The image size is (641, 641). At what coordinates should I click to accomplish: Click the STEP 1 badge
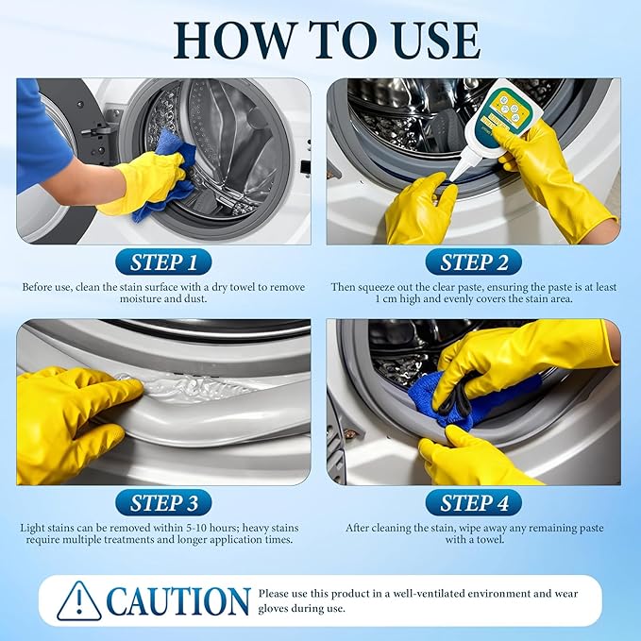[x=164, y=261]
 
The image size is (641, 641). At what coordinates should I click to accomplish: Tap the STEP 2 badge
[x=474, y=261]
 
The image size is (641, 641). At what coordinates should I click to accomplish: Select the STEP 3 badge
[x=164, y=502]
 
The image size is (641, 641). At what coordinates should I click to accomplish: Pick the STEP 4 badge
[x=474, y=502]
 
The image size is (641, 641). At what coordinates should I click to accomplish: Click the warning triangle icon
[x=78, y=601]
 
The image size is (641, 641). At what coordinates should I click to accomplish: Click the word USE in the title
[x=427, y=39]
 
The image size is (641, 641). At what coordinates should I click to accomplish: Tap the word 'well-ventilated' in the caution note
[x=409, y=594]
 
